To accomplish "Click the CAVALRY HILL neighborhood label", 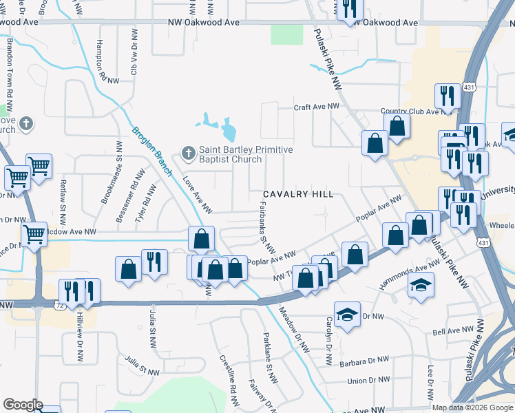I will [x=297, y=195].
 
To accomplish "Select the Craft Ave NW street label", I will [x=317, y=107].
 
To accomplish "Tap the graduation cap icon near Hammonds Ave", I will [x=420, y=284].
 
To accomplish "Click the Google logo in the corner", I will [x=22, y=405].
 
